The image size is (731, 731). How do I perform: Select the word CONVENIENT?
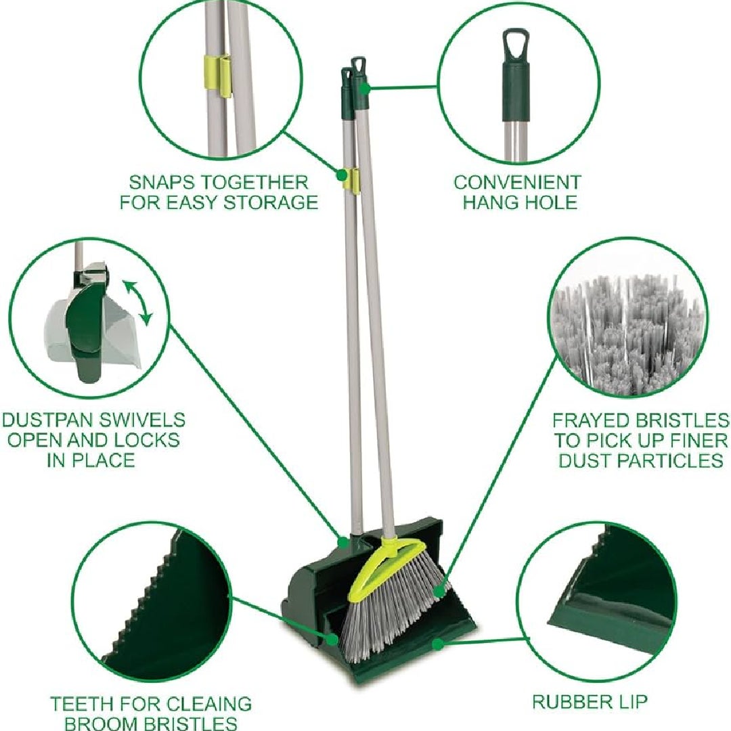[518, 183]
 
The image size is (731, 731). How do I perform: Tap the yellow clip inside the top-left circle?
[217, 76]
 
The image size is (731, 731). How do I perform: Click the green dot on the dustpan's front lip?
[437, 644]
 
